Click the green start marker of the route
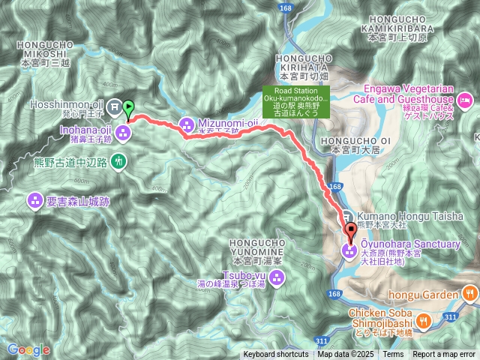[127, 109]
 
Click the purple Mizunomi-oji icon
[186, 124]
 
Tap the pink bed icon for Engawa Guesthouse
[465, 99]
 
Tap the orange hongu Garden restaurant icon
[470, 294]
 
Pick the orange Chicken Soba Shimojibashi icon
[423, 321]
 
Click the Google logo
[28, 349]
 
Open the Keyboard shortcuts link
[275, 355]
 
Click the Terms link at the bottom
[393, 355]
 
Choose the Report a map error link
[444, 355]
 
